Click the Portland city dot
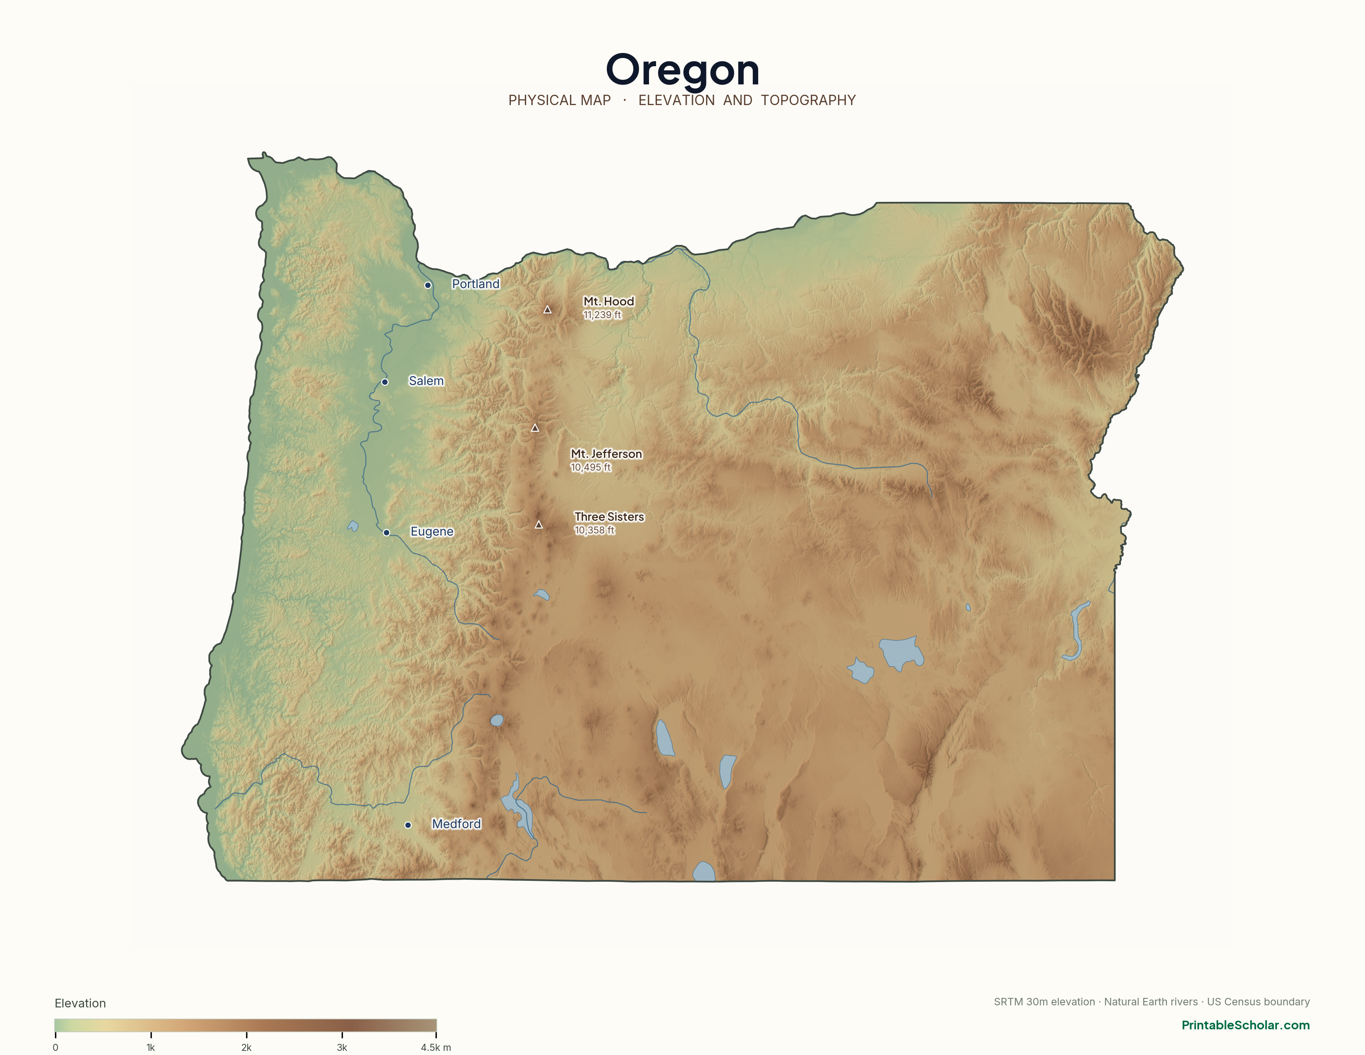tap(428, 285)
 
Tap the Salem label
tap(426, 381)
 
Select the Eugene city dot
tap(386, 532)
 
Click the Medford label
tap(456, 824)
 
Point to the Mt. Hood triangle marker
tap(548, 310)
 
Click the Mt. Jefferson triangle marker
tap(535, 428)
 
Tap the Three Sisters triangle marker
tap(539, 525)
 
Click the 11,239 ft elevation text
tap(602, 315)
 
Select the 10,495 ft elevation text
tap(591, 468)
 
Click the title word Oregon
tap(682, 70)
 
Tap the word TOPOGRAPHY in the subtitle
tap(808, 101)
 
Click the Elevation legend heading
tap(80, 1003)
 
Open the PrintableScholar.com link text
tap(1245, 1025)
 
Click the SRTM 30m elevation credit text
tap(1044, 1002)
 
